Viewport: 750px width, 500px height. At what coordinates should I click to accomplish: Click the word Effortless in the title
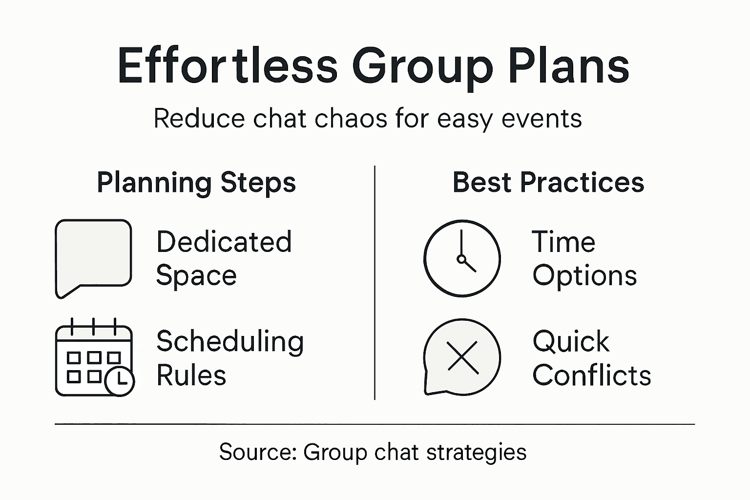point(228,66)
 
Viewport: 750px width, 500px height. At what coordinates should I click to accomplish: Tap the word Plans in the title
point(568,66)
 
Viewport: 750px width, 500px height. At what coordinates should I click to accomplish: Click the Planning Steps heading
point(196,183)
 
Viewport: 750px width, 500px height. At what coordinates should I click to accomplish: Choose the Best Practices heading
point(548,183)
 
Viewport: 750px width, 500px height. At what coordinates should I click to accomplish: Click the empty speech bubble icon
point(93,256)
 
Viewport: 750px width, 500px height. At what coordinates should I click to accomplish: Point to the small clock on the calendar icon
point(120,379)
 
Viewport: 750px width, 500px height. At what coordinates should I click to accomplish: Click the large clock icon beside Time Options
point(462,258)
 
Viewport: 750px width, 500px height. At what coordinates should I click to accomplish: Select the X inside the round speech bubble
point(462,357)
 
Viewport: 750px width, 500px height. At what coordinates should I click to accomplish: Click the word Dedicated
point(224,242)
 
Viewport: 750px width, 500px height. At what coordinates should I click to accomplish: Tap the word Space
point(196,276)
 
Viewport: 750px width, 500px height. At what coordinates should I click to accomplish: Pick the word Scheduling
point(230,342)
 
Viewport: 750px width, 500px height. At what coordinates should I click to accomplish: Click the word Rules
point(191,375)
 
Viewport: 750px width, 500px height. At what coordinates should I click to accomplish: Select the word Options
point(584,276)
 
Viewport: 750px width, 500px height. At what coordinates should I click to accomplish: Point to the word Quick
point(571,341)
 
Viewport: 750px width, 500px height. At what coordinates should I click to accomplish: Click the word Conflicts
point(592,375)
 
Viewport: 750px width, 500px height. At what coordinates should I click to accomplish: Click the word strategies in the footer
point(476,452)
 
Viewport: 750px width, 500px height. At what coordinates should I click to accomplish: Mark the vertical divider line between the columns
point(375,283)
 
